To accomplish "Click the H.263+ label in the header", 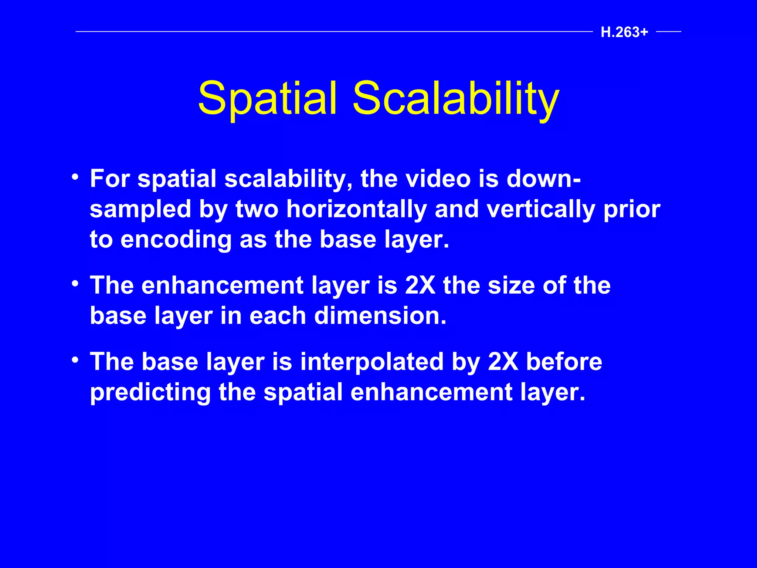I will click(624, 33).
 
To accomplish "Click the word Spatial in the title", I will click(268, 99).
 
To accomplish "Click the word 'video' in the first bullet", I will click(438, 179).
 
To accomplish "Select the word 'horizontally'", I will click(357, 209).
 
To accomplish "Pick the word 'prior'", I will click(632, 209).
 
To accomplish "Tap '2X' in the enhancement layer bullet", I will click(420, 285).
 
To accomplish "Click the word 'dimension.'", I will click(380, 316).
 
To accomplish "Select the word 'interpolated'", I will click(372, 362).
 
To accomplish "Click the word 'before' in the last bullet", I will click(564, 362).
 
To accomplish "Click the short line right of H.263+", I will click(669, 32).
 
